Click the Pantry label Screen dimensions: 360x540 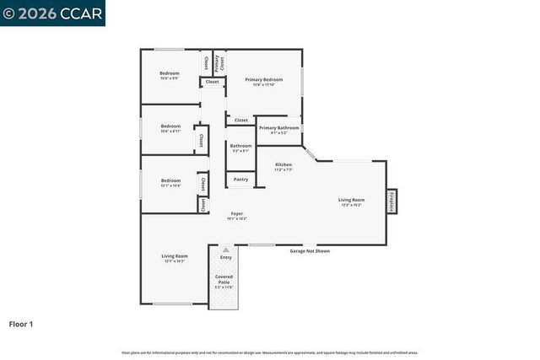[240, 179]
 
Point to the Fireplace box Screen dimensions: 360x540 [391, 201]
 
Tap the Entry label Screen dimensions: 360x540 [225, 257]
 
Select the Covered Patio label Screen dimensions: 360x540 [224, 279]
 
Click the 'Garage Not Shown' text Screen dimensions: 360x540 [310, 250]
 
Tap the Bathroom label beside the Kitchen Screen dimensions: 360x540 [240, 148]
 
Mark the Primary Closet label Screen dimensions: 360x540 [219, 63]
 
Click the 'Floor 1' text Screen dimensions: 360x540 [20, 323]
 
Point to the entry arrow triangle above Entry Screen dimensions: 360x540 [225, 250]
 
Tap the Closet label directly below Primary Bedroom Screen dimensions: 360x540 [241, 120]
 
